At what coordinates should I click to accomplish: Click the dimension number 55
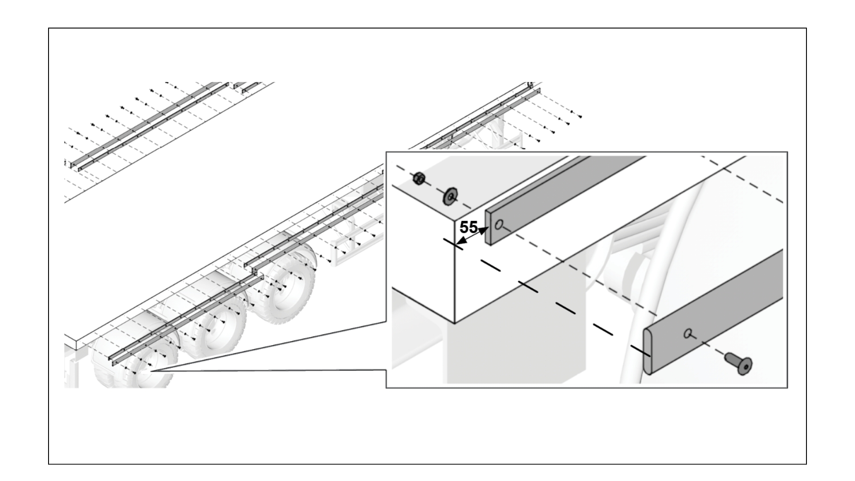[468, 228]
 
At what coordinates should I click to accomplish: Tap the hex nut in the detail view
[418, 179]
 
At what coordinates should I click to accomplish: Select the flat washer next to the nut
[451, 196]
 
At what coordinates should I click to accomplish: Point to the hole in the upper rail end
[499, 224]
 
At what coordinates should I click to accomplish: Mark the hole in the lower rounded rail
[688, 333]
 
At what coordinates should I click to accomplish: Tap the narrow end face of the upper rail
[488, 227]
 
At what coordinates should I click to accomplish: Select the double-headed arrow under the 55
[472, 236]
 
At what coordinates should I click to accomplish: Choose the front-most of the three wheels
[285, 289]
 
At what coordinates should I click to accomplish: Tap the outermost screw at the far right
[580, 117]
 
